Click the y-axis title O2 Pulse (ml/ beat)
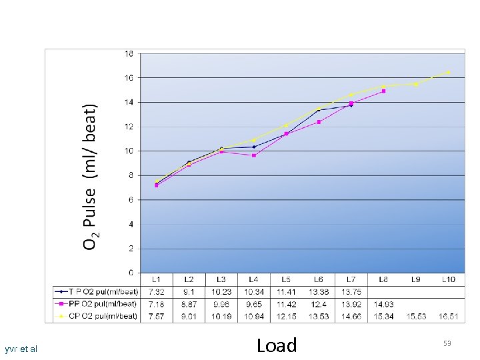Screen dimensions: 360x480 tap(91, 177)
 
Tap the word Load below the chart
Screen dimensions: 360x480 tap(277, 345)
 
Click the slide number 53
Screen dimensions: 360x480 tap(447, 343)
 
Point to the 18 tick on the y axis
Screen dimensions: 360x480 tap(129, 53)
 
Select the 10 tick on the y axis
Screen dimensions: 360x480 tap(129, 151)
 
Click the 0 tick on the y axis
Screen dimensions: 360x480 tap(131, 273)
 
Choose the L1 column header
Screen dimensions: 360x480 tap(156, 279)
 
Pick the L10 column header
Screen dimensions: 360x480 tap(449, 279)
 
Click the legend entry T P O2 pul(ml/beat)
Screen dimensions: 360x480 tap(97, 291)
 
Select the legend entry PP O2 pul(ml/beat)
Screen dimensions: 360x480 tap(97, 303)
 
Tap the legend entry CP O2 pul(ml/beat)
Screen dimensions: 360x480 tap(97, 315)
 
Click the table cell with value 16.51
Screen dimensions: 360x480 tap(449, 316)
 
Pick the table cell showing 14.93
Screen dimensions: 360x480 tap(383, 304)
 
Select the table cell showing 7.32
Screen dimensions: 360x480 tap(156, 291)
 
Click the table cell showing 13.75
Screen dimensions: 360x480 tap(351, 291)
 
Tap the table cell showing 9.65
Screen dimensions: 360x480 tap(254, 304)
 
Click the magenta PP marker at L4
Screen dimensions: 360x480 tap(254, 155)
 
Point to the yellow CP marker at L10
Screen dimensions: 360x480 tap(449, 72)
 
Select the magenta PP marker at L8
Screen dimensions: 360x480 tap(383, 91)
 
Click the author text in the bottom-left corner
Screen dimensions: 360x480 tap(21, 349)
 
